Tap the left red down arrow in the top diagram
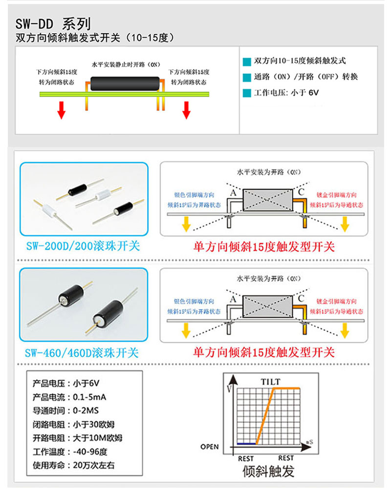click(x=61, y=110)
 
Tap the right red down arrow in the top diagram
click(x=186, y=110)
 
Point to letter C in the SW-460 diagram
click(x=301, y=298)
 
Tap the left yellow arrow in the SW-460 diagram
click(x=185, y=332)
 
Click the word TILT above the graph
click(x=270, y=381)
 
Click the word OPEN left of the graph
click(x=210, y=447)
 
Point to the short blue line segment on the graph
click(x=246, y=443)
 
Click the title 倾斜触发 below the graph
click(x=269, y=471)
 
